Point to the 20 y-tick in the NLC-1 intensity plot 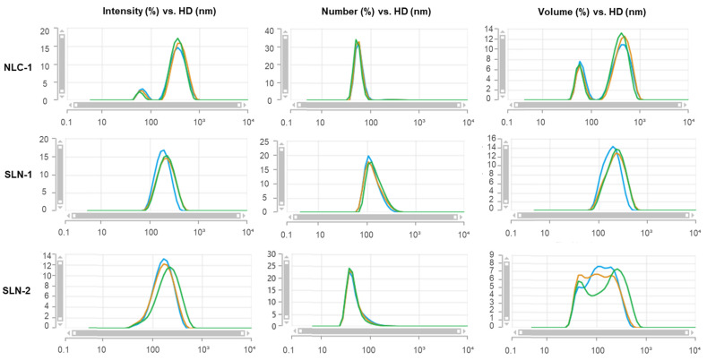46,31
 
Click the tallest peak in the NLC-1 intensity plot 178,39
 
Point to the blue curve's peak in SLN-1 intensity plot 162,150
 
